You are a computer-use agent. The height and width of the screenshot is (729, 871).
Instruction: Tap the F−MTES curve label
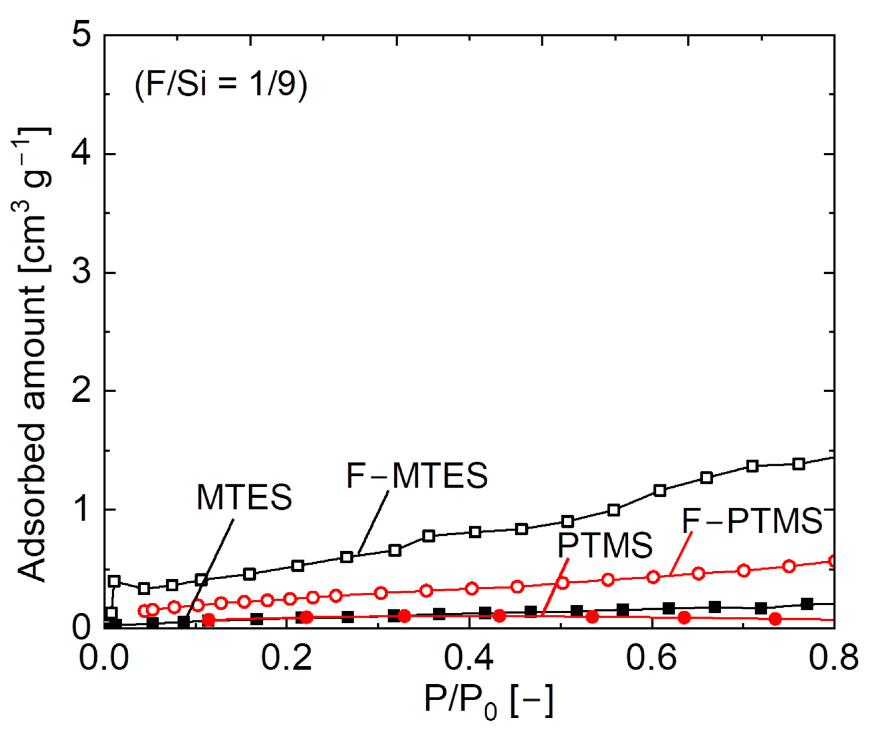click(x=417, y=476)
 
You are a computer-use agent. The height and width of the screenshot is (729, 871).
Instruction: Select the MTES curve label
click(x=244, y=497)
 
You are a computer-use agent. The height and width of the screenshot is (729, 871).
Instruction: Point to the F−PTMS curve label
click(x=752, y=521)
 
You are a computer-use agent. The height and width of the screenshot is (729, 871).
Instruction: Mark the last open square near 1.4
click(x=799, y=464)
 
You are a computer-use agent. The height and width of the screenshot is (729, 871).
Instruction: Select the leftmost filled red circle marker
click(x=210, y=620)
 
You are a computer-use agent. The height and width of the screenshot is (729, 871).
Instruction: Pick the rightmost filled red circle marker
click(x=775, y=619)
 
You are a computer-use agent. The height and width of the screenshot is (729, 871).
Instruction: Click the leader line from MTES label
click(x=210, y=568)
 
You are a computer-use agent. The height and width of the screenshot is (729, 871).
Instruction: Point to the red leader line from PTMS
click(x=556, y=585)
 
